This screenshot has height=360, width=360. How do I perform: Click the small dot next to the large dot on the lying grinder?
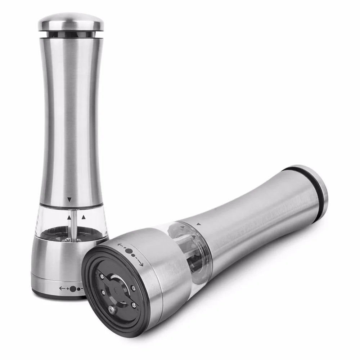tap(134, 255)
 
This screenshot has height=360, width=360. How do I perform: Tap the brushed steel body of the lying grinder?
tap(252, 216)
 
